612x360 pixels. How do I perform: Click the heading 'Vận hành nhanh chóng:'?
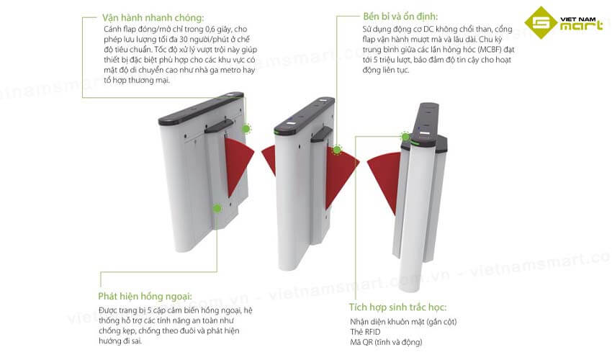[148, 17]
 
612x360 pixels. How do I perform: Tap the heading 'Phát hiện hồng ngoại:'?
[145, 296]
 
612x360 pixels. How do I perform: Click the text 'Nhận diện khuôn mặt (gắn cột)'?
[403, 320]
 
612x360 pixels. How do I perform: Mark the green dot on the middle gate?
[336, 150]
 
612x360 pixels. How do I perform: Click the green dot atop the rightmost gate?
[405, 135]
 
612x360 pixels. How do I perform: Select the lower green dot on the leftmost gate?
[217, 208]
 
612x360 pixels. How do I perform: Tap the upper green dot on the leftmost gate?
[246, 129]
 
